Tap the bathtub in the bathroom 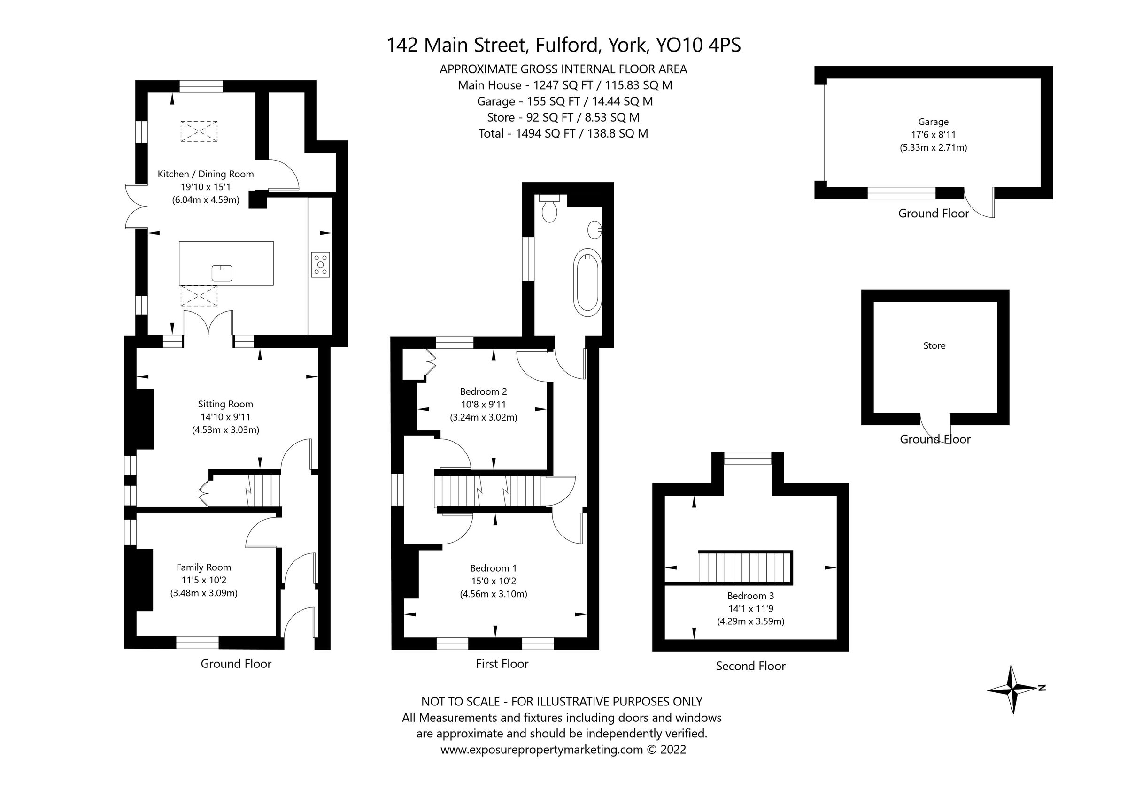pos(587,282)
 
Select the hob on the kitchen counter pos(320,265)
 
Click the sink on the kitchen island pos(222,273)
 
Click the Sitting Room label pos(225,405)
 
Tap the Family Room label pos(204,567)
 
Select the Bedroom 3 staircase pos(745,567)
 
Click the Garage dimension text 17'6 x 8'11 pos(933,134)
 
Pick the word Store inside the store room pos(934,346)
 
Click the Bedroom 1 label pos(494,568)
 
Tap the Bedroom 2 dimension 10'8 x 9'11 pos(484,405)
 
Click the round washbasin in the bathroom pos(595,230)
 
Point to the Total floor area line pos(563,133)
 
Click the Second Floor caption pos(750,666)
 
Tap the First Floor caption pos(502,664)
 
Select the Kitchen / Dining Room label pos(206,174)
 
